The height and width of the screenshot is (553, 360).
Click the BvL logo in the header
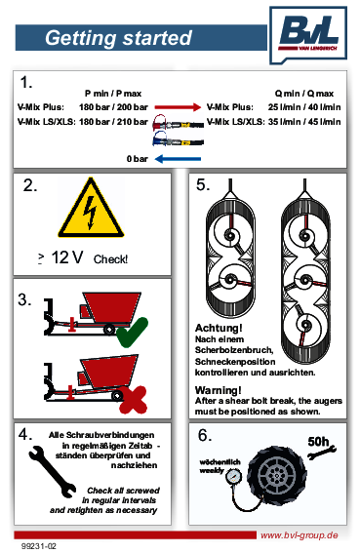click(308, 34)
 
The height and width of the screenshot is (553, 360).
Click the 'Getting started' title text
click(119, 38)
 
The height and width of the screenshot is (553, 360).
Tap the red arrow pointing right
click(178, 107)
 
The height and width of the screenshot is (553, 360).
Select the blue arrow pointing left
click(178, 159)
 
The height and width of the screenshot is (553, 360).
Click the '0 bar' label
click(137, 159)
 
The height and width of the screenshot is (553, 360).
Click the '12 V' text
click(67, 257)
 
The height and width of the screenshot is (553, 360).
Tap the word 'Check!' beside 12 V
click(110, 259)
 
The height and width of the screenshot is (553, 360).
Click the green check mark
click(132, 333)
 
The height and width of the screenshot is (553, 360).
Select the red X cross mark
click(133, 400)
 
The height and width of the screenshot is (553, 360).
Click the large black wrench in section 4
click(53, 471)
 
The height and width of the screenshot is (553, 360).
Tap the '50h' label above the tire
click(318, 442)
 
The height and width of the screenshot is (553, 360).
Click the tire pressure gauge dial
click(233, 477)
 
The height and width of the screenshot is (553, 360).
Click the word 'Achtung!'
click(219, 328)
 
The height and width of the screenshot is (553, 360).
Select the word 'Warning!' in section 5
click(219, 390)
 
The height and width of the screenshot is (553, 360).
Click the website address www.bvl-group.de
click(300, 535)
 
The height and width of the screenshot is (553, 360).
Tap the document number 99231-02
click(39, 546)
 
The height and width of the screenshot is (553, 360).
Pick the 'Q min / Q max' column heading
click(304, 94)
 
